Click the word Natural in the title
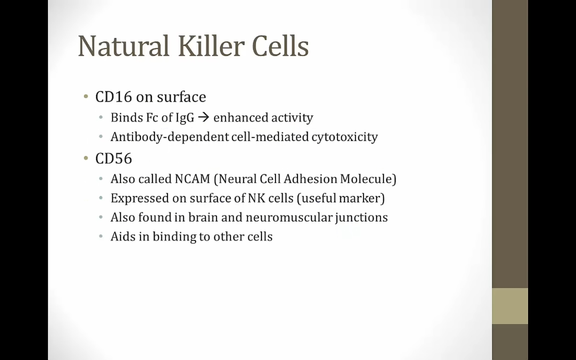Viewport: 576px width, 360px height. coord(124,46)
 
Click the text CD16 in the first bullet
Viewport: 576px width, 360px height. coord(114,97)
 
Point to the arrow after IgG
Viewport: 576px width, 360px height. coord(204,118)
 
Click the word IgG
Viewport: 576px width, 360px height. coord(185,118)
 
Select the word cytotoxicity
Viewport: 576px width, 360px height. coord(344,137)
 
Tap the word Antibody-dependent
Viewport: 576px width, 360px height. coord(170,137)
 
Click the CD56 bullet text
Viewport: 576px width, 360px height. coord(114,158)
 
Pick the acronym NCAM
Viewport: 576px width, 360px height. coord(193,179)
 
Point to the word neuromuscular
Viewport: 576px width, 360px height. coord(289,218)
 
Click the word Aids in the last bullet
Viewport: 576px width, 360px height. coord(123,236)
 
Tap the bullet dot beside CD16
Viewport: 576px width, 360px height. coord(86,97)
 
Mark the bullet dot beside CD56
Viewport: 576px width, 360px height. coord(86,158)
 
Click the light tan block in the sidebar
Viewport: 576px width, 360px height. coord(510,306)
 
